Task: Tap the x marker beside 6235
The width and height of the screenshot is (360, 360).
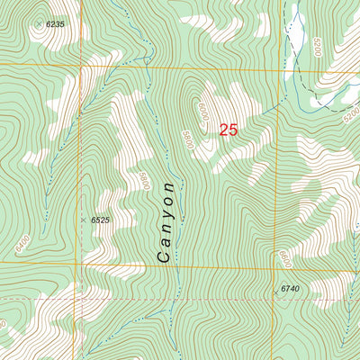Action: click(38, 23)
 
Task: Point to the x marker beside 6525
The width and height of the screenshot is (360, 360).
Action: click(83, 220)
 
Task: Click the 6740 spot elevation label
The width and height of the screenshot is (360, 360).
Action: click(289, 289)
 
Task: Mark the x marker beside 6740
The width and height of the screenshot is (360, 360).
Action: click(275, 292)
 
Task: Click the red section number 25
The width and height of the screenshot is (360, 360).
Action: click(229, 130)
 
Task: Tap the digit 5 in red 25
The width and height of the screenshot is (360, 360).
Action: click(234, 130)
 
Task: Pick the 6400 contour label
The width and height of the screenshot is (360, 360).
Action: click(18, 243)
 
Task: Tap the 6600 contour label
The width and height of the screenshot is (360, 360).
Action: click(284, 259)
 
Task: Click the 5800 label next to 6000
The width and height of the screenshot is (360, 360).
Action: click(187, 139)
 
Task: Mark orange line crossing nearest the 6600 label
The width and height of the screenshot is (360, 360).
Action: click(276, 266)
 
